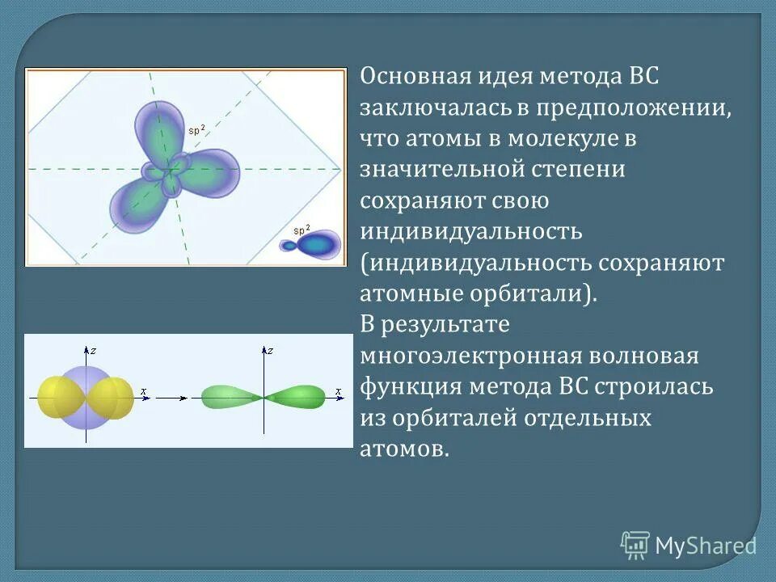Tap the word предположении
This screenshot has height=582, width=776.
click(632, 108)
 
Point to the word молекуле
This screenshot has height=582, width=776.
click(563, 139)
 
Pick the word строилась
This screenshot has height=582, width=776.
click(655, 386)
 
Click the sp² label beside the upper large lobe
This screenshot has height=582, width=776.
click(196, 129)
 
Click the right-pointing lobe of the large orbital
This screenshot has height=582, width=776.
click(212, 171)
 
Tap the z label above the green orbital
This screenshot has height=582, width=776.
click(272, 351)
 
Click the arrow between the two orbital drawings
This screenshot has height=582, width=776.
click(172, 398)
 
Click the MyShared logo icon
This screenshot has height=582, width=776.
click(635, 546)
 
